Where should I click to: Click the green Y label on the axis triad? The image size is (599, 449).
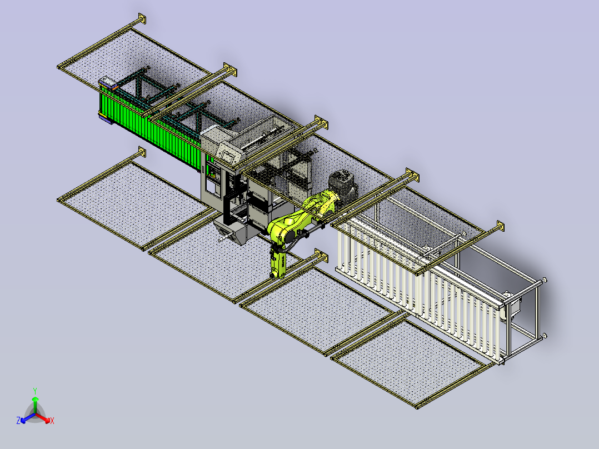[x=35, y=391]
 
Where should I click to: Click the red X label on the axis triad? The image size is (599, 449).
[x=52, y=421]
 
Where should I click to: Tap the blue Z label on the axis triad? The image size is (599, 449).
[x=18, y=420]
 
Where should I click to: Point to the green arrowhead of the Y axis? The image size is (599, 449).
[x=35, y=399]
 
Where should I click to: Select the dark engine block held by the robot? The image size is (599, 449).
[x=343, y=187]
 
